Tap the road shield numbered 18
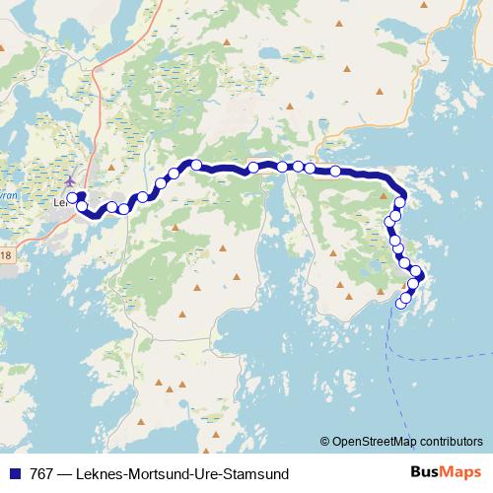(5, 256)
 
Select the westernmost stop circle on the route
(72, 197)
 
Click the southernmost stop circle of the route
(400, 304)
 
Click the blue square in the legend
(13, 472)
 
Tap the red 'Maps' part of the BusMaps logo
(461, 471)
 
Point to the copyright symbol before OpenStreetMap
(324, 441)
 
